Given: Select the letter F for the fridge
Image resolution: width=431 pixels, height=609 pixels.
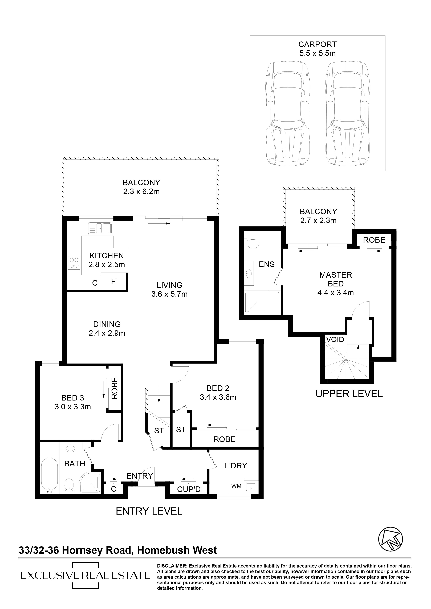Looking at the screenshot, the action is point(113,281).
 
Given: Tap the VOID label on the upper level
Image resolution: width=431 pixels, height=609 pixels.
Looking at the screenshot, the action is point(335,340).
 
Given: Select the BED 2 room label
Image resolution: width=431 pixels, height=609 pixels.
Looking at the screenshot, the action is point(218,388).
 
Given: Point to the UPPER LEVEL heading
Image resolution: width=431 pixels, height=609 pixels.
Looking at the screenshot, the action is point(349,394).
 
